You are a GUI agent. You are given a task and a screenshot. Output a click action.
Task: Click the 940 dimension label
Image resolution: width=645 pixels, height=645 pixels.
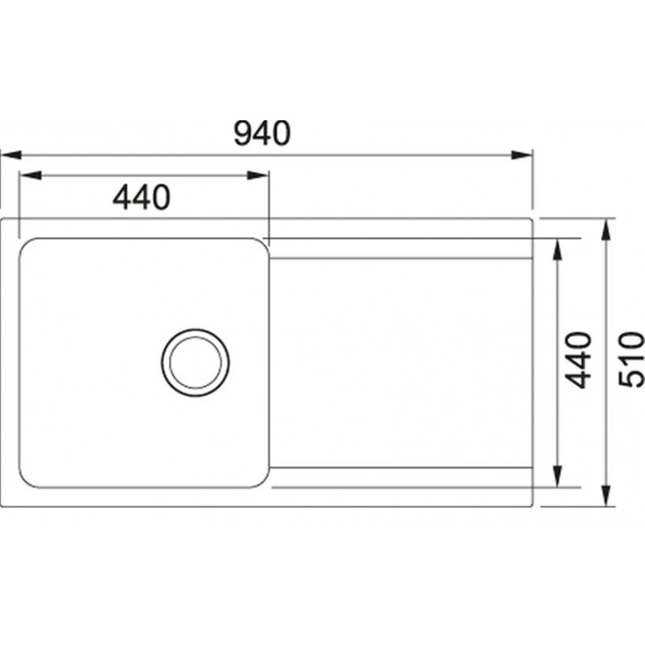click(x=262, y=133)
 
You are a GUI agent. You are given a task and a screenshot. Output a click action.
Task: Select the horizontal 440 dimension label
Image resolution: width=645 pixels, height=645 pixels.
click(x=142, y=198)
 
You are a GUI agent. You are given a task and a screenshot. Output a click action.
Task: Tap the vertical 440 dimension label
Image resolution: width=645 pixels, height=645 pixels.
click(x=578, y=360)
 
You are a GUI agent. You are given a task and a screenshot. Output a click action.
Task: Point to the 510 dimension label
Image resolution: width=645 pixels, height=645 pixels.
click(x=631, y=360)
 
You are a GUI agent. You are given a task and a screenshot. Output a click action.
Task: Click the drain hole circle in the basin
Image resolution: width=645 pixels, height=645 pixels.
click(x=195, y=329)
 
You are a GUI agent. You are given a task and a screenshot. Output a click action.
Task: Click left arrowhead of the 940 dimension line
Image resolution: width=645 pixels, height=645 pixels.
click(x=10, y=155)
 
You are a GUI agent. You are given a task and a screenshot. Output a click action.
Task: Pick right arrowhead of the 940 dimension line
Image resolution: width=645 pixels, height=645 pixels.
click(x=522, y=155)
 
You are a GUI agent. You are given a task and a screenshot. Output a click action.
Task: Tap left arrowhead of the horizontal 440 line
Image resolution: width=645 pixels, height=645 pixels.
click(x=31, y=176)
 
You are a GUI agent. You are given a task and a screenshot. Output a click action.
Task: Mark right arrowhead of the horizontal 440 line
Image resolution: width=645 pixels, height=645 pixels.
click(x=257, y=176)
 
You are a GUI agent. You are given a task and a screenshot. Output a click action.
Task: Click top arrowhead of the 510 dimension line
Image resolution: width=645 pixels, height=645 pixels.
click(x=605, y=230)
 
